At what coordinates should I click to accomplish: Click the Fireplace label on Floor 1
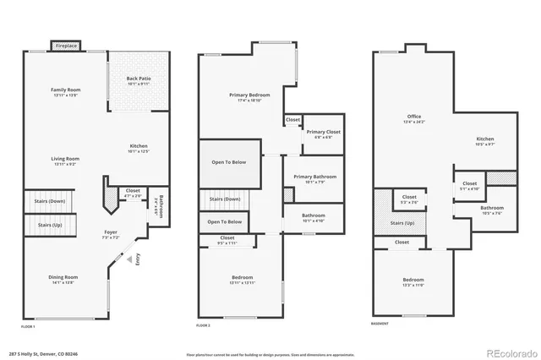pyautogui.click(x=66, y=46)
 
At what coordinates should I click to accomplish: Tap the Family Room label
pyautogui.click(x=65, y=90)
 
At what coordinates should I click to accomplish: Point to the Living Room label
pyautogui.click(x=65, y=158)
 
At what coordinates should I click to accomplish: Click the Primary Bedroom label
pyautogui.click(x=249, y=95)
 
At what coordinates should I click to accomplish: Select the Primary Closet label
pyautogui.click(x=323, y=132)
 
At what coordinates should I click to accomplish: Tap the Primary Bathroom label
pyautogui.click(x=314, y=176)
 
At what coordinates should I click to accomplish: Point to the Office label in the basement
pyautogui.click(x=414, y=117)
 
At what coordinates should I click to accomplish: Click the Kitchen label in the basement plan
pyautogui.click(x=484, y=139)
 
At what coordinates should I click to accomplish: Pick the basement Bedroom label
pyautogui.click(x=413, y=280)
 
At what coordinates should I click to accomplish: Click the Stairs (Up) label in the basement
pyautogui.click(x=402, y=223)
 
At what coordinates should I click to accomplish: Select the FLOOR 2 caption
pyautogui.click(x=203, y=325)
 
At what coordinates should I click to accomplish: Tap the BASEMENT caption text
pyautogui.click(x=380, y=324)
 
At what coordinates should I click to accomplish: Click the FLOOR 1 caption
pyautogui.click(x=28, y=325)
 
